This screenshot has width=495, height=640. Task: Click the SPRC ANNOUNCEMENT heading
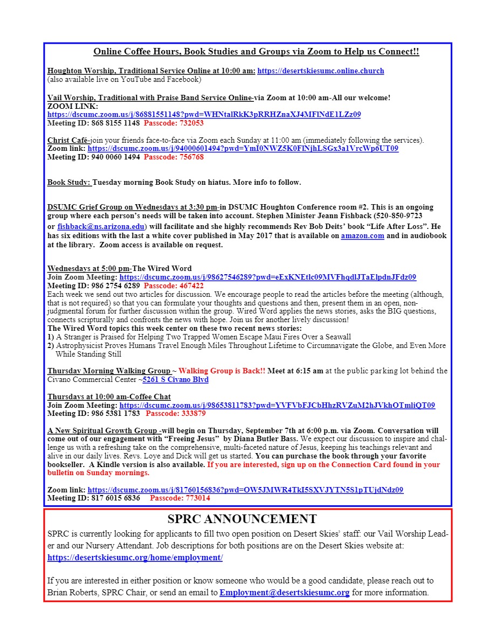(x=242, y=519)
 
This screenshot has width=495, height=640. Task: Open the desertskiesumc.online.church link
(x=321, y=71)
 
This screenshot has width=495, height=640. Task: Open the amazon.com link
(x=362, y=236)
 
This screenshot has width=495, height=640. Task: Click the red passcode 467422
(x=174, y=286)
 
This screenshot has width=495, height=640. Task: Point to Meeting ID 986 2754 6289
(x=94, y=286)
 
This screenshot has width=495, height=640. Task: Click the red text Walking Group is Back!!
(x=222, y=371)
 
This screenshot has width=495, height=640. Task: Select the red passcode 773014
(x=180, y=498)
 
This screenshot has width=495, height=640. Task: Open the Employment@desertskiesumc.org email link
(x=284, y=593)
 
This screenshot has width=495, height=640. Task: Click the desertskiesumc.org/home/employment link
(x=135, y=558)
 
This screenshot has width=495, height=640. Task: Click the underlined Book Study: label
(x=70, y=182)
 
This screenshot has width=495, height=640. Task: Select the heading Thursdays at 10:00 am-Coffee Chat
(x=109, y=396)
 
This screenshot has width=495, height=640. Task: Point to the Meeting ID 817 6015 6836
(x=94, y=498)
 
